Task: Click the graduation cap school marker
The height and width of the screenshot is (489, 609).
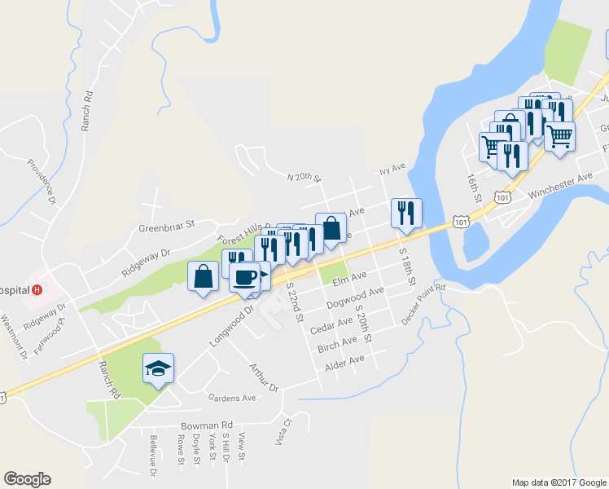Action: coord(158,368)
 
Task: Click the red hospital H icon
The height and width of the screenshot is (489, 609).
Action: coord(36,289)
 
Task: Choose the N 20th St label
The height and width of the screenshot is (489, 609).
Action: coord(304,177)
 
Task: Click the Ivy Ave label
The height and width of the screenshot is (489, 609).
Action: coord(392,170)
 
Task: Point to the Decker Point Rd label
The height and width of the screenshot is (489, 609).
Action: coord(423,305)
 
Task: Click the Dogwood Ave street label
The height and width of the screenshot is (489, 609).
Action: coord(354,298)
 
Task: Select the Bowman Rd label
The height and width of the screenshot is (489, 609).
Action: coord(207,425)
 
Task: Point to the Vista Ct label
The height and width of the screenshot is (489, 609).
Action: coord(284,430)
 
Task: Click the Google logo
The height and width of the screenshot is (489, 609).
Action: coord(27,479)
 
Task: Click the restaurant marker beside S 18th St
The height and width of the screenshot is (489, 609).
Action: coord(405,214)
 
